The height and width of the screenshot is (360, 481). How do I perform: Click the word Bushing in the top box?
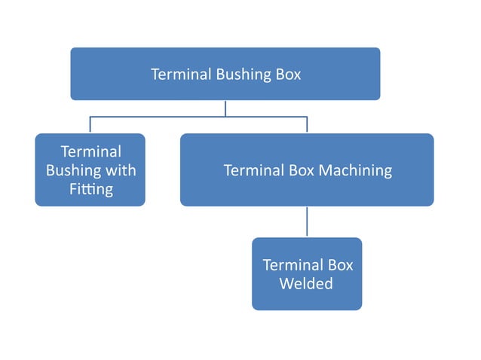pos(240,75)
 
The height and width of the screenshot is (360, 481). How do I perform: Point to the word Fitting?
pos(91,189)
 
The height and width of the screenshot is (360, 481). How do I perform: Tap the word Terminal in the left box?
pos(90,151)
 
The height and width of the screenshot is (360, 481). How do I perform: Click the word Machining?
pos(355,170)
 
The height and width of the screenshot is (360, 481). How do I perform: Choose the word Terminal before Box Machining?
pos(253,170)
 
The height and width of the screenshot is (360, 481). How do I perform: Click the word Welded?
pos(306,284)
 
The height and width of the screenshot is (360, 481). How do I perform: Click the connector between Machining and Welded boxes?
pos(307,221)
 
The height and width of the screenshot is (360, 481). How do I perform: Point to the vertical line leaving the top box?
pos(225,108)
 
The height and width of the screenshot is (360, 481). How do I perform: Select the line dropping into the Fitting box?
pos(90,125)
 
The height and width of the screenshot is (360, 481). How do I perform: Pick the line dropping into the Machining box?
pos(307,125)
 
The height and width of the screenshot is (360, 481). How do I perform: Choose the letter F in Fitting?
pos(74,189)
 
